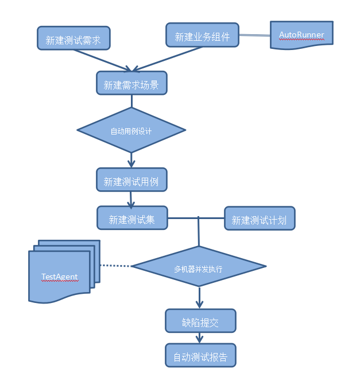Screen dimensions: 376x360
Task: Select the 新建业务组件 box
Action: [x=202, y=36]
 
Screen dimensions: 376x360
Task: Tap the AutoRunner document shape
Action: [x=301, y=35]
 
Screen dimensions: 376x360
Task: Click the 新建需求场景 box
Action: [x=131, y=84]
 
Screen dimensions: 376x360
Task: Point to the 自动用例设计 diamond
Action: [x=131, y=131]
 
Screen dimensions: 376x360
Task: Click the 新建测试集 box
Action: [x=131, y=218]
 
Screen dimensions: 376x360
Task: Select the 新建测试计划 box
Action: [x=260, y=219]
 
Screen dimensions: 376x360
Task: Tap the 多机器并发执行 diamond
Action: [x=199, y=267]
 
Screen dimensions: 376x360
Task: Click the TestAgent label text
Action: [x=60, y=277]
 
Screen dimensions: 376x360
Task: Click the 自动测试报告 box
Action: [x=200, y=356]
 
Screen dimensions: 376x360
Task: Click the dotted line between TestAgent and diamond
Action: [x=115, y=266]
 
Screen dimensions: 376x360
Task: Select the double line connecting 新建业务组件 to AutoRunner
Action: [x=254, y=36]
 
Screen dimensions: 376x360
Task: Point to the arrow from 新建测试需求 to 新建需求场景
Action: [x=103, y=59]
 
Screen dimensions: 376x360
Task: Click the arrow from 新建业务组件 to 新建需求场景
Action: [x=168, y=59]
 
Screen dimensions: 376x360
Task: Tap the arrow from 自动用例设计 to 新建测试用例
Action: [x=131, y=160]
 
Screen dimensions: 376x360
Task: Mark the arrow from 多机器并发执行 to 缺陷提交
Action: [x=199, y=297]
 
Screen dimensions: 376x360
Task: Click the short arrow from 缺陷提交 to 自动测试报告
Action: [x=200, y=338]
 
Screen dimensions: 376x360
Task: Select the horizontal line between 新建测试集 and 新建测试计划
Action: [x=195, y=218]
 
